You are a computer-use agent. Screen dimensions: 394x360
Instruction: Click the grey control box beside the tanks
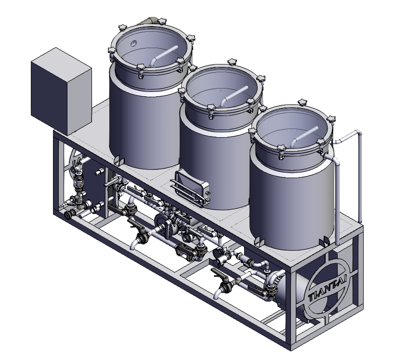61,91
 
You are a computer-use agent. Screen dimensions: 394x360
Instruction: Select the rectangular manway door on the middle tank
193,187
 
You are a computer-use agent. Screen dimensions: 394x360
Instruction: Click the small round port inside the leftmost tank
134,43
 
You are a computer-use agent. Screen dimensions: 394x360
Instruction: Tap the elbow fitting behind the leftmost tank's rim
150,21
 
